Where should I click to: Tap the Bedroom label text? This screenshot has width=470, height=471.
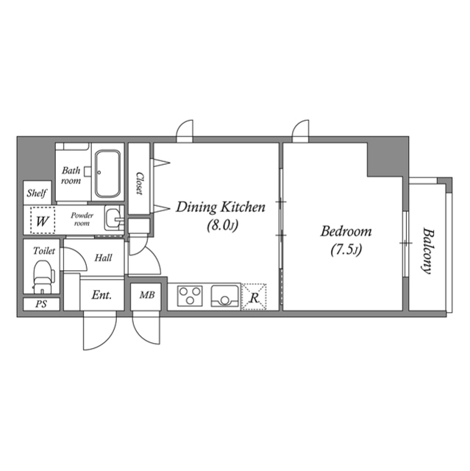[345, 231]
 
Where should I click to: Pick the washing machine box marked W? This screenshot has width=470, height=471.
[41, 219]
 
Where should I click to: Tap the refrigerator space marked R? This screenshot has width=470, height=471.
[254, 297]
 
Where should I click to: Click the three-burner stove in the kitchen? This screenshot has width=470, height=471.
[190, 297]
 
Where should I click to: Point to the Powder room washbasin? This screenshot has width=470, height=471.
[113, 219]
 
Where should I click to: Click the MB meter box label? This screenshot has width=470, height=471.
[146, 296]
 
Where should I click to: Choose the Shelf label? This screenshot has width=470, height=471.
[38, 194]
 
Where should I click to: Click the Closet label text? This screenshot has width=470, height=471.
[139, 183]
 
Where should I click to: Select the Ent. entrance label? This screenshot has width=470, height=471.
[102, 295]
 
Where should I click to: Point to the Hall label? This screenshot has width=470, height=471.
[103, 258]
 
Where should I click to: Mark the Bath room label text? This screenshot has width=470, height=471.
[71, 174]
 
